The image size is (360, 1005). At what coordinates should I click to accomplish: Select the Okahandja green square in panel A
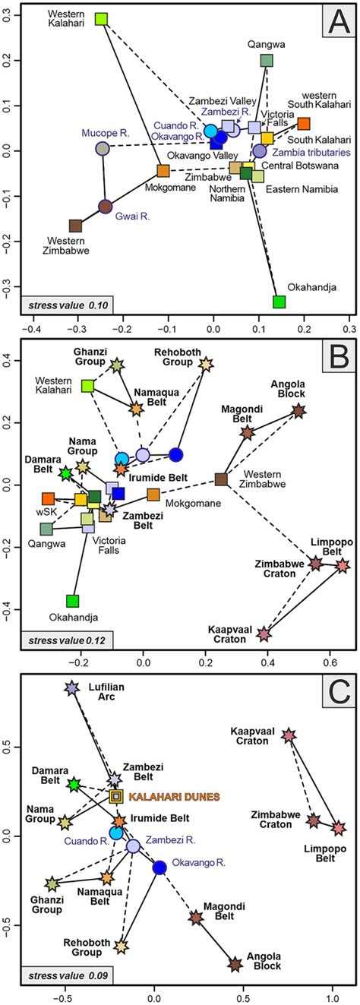(x=279, y=302)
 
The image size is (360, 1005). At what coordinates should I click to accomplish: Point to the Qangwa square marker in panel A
(x=267, y=60)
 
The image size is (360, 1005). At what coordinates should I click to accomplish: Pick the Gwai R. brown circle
(x=106, y=206)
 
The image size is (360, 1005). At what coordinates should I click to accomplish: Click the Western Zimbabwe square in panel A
(x=75, y=226)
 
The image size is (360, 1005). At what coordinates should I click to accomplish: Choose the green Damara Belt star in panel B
(x=66, y=473)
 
